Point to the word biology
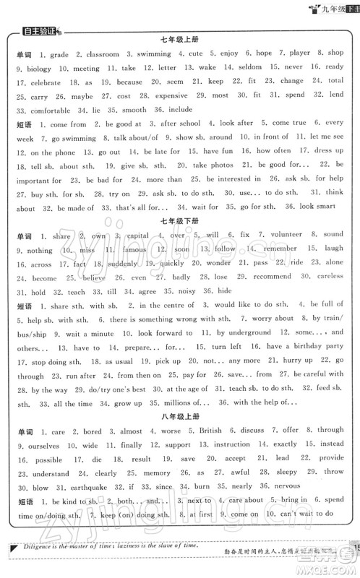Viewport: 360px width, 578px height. (x=29, y=69)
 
